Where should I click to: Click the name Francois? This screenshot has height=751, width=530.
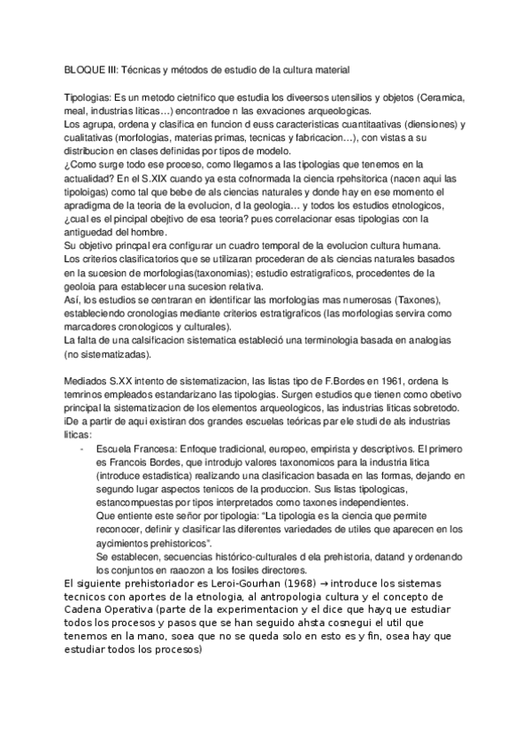[x=132, y=464]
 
